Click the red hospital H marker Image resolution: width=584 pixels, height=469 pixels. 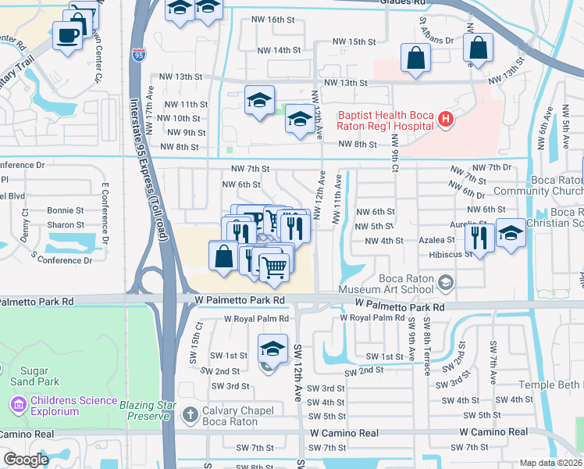[445, 120]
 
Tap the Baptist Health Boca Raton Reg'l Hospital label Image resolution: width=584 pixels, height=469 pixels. [385, 120]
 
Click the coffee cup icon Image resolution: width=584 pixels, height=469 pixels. [67, 34]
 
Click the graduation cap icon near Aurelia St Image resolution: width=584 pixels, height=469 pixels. [511, 233]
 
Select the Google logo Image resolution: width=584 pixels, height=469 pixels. [26, 460]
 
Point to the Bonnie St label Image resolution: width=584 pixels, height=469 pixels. [66, 210]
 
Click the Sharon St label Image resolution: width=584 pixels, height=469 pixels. [66, 224]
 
